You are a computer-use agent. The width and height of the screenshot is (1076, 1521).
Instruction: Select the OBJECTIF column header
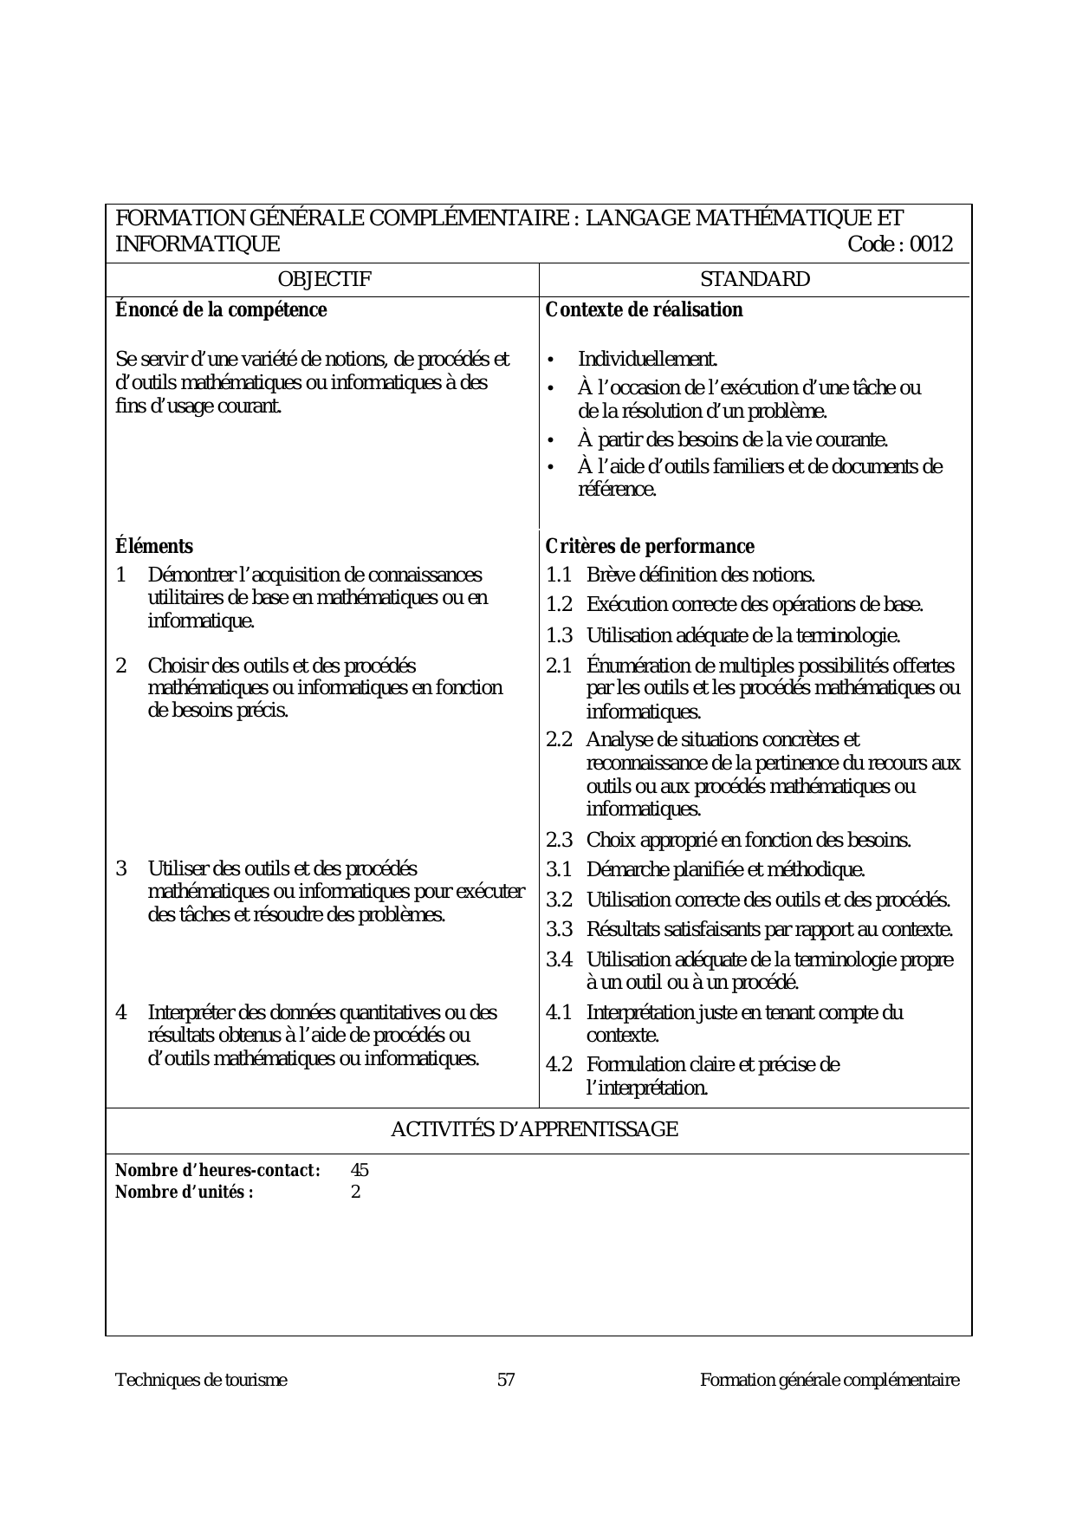coord(324,279)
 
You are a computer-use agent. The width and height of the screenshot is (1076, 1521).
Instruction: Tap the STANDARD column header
coord(755,279)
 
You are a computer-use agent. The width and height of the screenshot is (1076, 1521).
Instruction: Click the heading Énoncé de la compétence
coord(221,310)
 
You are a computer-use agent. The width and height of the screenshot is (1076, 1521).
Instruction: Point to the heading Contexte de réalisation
coord(644,310)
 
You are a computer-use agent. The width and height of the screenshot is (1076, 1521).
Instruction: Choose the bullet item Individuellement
coord(647,359)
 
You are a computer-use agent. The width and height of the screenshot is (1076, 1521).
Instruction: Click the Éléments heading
coord(154,546)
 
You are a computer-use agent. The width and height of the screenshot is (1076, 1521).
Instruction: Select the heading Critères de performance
coord(650,546)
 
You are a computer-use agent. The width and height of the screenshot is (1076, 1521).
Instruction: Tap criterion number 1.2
coord(560,605)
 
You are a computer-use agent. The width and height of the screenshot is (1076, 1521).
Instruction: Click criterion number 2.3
coord(560,840)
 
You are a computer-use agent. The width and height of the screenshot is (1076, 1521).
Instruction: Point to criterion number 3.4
coord(560,959)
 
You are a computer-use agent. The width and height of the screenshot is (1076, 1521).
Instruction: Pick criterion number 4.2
coord(560,1064)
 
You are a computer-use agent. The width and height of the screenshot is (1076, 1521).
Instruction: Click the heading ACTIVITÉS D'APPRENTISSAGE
coord(535,1130)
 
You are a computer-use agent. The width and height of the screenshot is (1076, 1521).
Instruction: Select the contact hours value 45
coord(360,1170)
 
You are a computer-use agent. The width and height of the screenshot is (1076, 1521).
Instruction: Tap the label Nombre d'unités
coord(185,1192)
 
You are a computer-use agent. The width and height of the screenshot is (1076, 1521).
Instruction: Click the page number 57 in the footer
coord(507,1380)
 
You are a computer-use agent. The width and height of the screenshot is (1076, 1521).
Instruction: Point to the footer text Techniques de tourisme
coord(201,1380)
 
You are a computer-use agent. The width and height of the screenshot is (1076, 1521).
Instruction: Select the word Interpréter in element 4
coord(192,1012)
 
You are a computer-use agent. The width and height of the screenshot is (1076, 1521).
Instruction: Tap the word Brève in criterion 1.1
coord(608,575)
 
